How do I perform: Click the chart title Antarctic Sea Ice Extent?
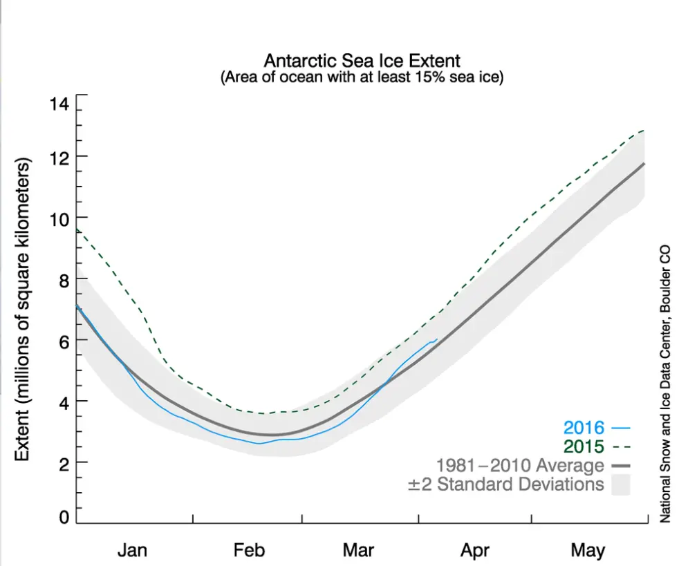362,61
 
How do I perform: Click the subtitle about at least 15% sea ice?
362,77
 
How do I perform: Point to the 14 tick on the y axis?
59,104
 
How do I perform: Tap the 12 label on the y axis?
59,157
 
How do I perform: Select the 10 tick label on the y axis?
59,218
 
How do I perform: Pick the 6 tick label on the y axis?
63,340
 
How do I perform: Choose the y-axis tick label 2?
63,462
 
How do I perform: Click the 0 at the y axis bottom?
63,517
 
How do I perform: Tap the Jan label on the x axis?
132,550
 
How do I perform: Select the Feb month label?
249,550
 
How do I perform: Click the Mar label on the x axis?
358,550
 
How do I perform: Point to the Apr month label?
474,550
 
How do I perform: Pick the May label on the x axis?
588,550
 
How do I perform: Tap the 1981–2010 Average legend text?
519,465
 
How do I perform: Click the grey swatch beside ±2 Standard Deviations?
622,484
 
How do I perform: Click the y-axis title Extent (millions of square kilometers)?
23,310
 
